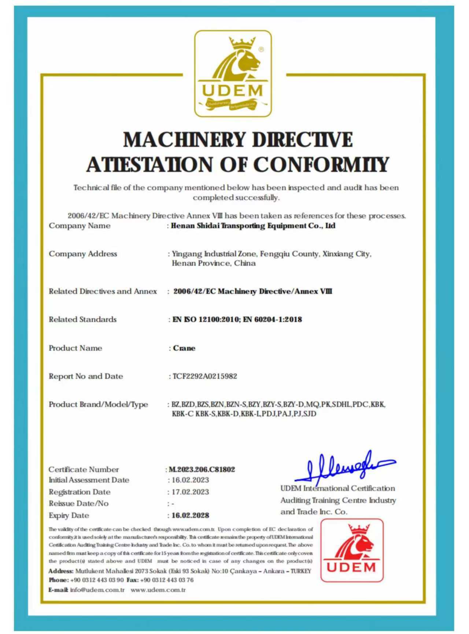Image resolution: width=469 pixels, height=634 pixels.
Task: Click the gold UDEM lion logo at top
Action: coord(233,73)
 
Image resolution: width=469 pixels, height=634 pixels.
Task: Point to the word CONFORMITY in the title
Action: coord(321,164)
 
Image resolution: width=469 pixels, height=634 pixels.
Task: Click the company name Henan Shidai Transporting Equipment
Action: coord(253,226)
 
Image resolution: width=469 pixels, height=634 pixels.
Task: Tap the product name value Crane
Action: coord(184,348)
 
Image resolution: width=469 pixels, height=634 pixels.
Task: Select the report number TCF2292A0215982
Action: coord(205,376)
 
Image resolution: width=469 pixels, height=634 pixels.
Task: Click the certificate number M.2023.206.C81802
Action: coord(202,469)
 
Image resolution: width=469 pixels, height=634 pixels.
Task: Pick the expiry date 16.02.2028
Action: coord(190,515)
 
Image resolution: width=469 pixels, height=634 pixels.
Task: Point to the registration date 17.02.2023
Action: coord(190,492)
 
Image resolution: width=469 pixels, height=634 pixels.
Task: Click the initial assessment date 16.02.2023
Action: coord(190,480)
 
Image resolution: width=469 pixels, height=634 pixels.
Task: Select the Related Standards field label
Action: coord(83,320)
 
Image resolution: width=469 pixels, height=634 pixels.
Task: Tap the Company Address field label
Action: coord(83,254)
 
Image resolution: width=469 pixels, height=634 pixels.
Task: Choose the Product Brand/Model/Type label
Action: coord(98,404)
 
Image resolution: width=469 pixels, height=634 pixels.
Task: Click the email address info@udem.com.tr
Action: coord(97,590)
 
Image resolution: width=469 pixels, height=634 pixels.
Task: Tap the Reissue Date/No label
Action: coord(78,504)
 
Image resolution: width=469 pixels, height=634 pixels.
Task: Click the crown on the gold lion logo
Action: coord(242,43)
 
